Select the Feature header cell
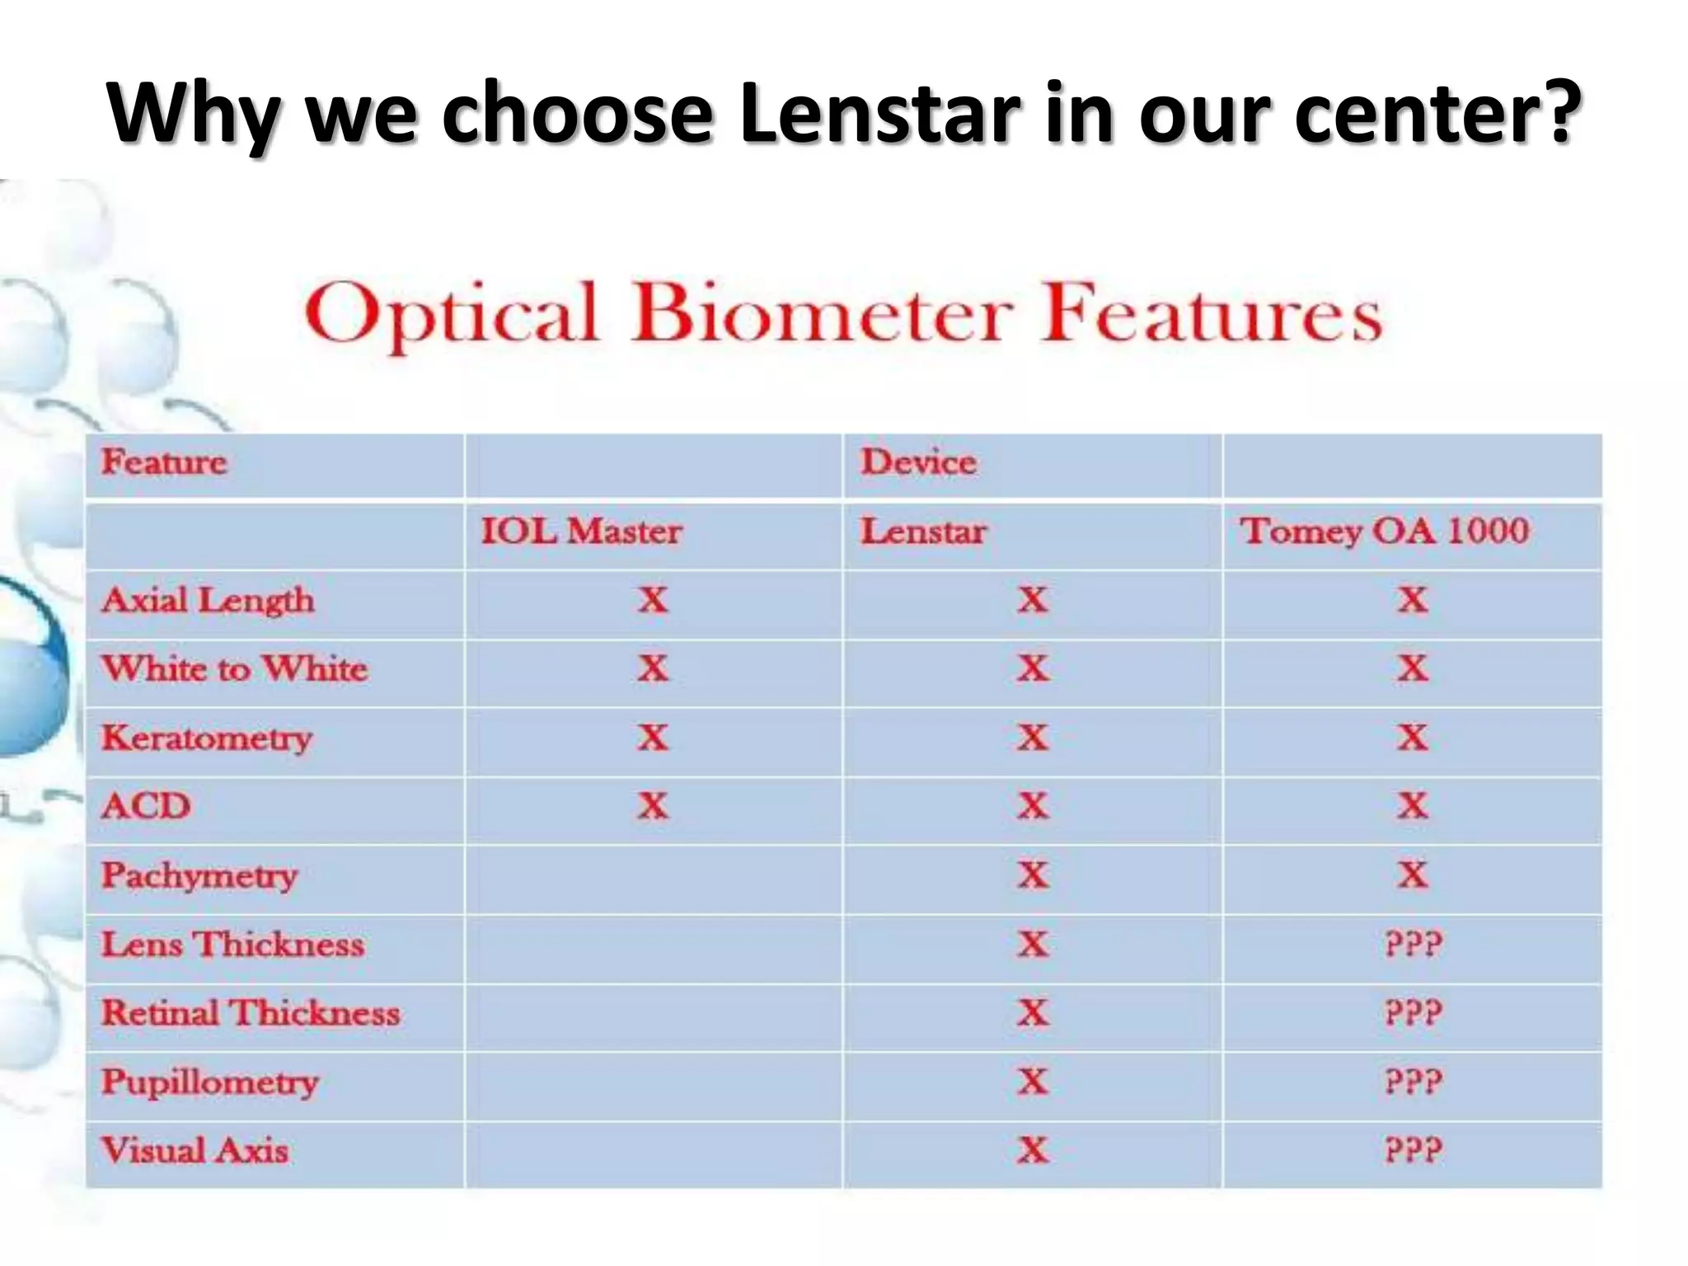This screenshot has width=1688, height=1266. coord(163,462)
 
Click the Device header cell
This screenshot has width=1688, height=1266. coord(918,462)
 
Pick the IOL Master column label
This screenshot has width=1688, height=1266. coord(581,532)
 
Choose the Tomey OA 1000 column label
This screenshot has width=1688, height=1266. coord(1384,532)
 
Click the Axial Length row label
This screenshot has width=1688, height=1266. coord(208,600)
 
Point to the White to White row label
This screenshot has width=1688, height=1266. coord(235,668)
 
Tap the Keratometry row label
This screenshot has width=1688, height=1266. coord(207,738)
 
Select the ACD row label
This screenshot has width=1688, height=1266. coord(147,806)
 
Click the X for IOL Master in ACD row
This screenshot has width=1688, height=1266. coord(653,806)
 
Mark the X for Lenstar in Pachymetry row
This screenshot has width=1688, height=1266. coord(1033,874)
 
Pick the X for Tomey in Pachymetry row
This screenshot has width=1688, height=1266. coord(1413,874)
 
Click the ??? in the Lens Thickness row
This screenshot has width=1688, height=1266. coord(1413,944)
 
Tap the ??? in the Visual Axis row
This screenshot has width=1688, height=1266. coord(1413,1150)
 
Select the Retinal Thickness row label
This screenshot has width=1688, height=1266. coord(251,1013)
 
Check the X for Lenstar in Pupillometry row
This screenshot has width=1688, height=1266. coord(1033,1081)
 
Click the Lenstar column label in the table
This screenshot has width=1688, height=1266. coord(923,532)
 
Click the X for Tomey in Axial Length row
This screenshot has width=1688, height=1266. coord(1413,600)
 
